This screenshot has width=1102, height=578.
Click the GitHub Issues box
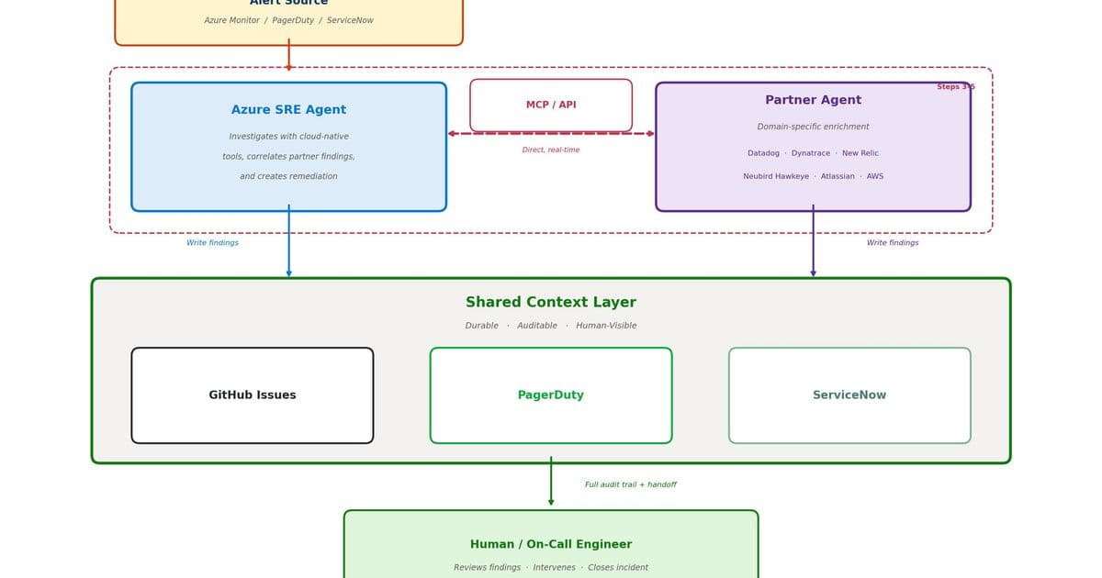tap(253, 395)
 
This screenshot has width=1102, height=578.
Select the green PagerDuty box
tap(551, 395)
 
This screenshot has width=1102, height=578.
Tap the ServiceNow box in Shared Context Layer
tap(849, 395)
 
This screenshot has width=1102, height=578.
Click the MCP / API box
tap(551, 105)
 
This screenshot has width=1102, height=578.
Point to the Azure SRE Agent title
tap(288, 110)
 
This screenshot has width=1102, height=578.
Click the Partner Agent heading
tap(813, 100)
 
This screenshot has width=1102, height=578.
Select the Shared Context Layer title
tap(551, 303)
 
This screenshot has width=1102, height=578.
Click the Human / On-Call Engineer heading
tap(551, 544)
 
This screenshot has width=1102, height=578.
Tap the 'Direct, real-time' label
tap(551, 150)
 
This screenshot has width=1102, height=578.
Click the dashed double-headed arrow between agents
tap(551, 134)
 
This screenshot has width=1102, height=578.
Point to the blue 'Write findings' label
tap(212, 243)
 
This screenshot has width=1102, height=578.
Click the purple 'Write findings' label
tap(893, 243)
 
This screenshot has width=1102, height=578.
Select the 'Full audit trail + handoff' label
tap(631, 484)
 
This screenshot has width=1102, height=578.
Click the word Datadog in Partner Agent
tap(763, 153)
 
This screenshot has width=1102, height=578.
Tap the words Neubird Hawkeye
tap(776, 176)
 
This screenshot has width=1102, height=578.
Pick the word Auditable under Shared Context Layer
tap(537, 326)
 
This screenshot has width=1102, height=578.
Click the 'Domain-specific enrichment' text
tap(813, 127)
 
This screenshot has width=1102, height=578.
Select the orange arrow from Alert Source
tap(288, 55)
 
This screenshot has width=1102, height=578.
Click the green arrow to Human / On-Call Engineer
tap(551, 482)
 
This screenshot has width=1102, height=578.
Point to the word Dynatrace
tap(811, 153)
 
